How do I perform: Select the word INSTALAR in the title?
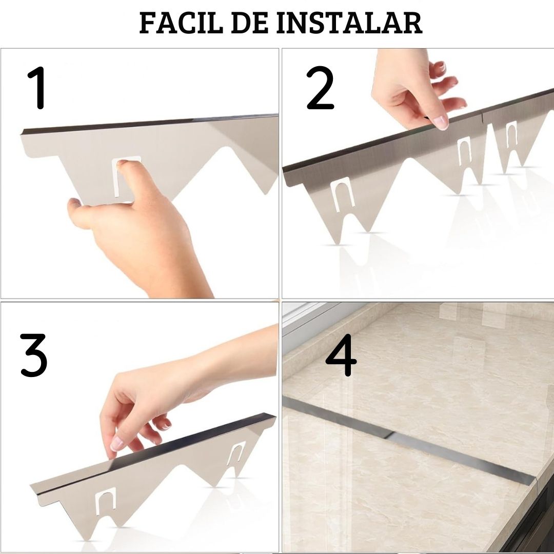coord(350,23)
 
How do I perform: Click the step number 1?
coord(37,88)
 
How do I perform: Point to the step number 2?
coord(320,88)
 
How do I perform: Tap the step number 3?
coord(33,355)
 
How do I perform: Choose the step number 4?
coord(341,355)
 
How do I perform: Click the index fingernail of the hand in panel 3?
coord(116,444)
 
